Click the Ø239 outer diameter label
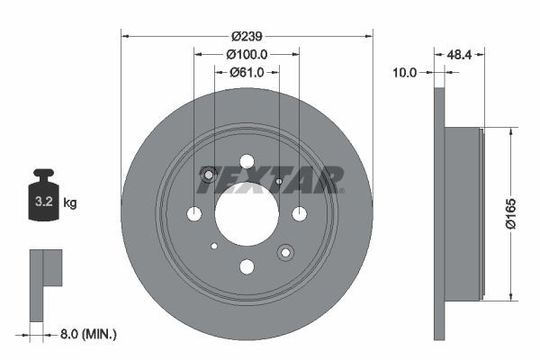[x=246, y=37]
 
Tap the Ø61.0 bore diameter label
[x=246, y=73]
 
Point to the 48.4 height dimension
[x=461, y=55]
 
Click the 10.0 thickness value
[x=405, y=73]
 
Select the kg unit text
[x=70, y=203]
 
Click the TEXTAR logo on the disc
[x=270, y=180]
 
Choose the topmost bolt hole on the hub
[x=247, y=161]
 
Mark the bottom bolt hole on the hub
[x=247, y=265]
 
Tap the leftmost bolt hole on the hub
[x=194, y=213]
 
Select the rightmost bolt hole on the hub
[x=299, y=213]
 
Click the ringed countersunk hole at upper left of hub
[x=210, y=175]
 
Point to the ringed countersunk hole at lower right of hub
[x=285, y=252]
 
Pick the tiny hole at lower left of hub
[x=214, y=246]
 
